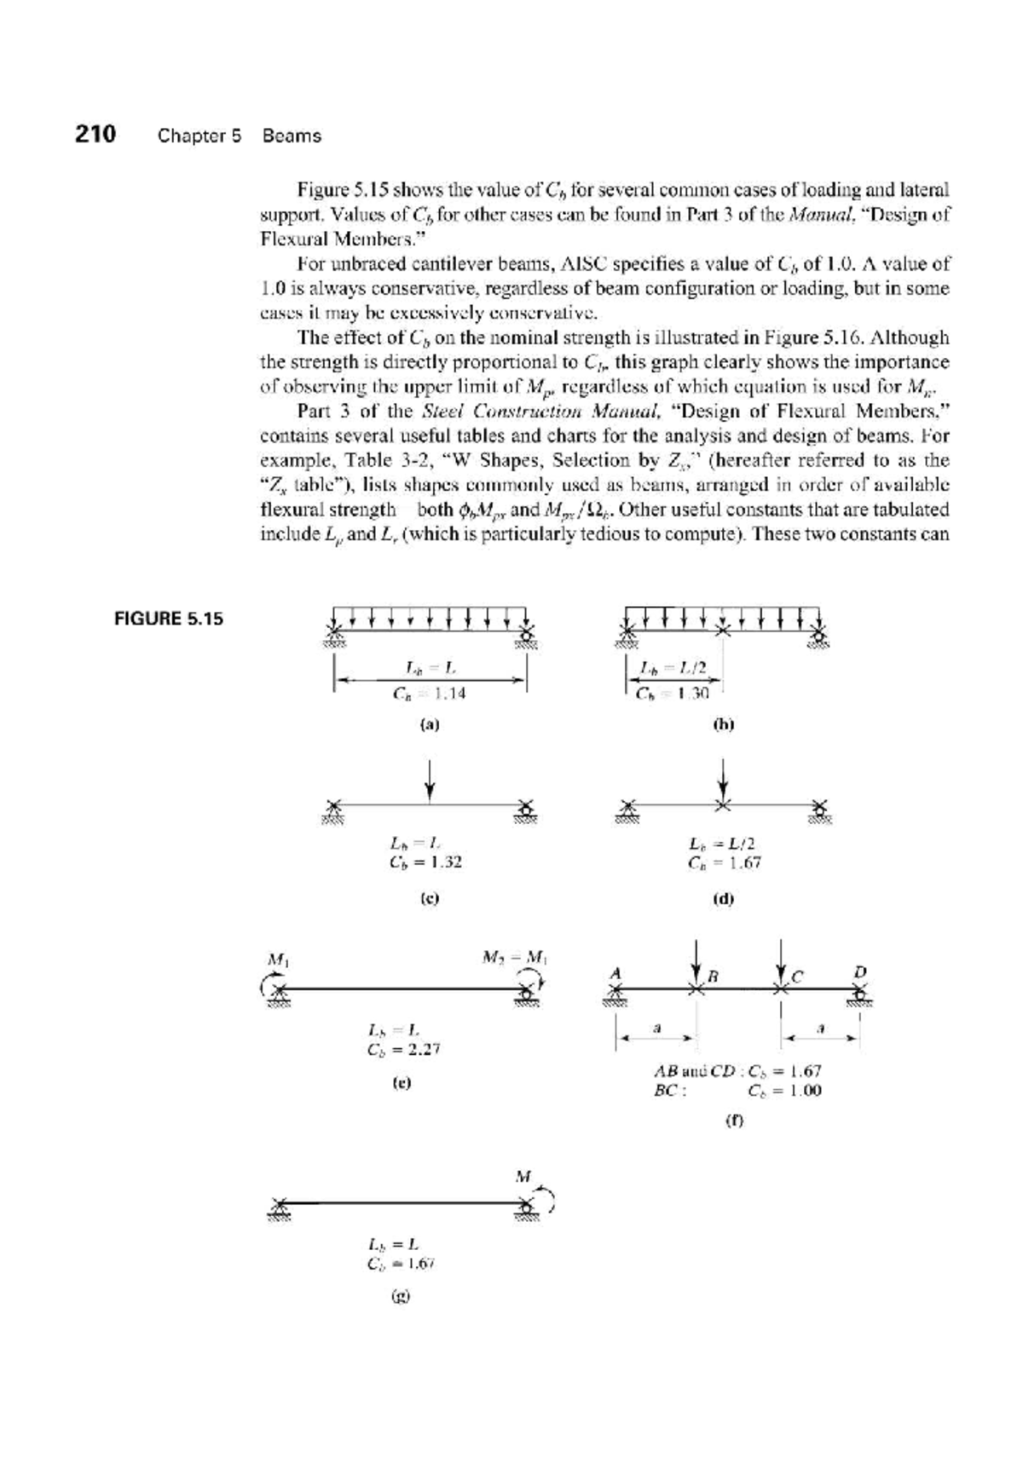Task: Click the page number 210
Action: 95,135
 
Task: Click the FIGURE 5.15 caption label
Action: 169,619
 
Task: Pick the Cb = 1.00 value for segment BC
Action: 784,1091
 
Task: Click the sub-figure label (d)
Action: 724,898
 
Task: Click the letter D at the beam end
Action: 860,971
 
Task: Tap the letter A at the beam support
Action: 614,971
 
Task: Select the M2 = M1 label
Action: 513,956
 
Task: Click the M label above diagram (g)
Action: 523,1177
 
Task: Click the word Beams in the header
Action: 292,135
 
